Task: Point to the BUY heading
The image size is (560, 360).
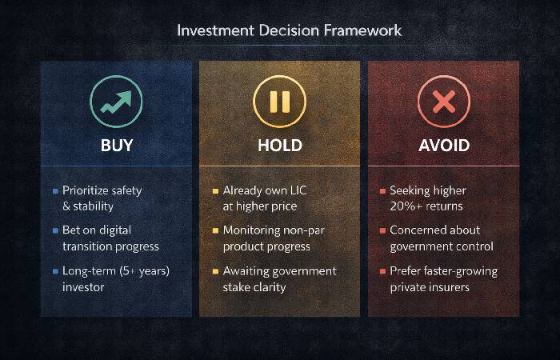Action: [117, 146]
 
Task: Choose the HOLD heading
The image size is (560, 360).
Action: [279, 146]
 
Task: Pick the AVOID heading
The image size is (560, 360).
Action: [443, 146]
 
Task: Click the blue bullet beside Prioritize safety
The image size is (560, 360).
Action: [54, 191]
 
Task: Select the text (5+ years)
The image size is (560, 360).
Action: [142, 270]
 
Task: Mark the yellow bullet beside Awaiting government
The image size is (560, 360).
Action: [215, 270]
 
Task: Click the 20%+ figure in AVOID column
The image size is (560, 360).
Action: [408, 206]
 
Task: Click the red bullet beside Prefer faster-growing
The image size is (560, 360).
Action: [382, 270]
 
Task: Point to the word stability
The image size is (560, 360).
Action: [98, 206]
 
